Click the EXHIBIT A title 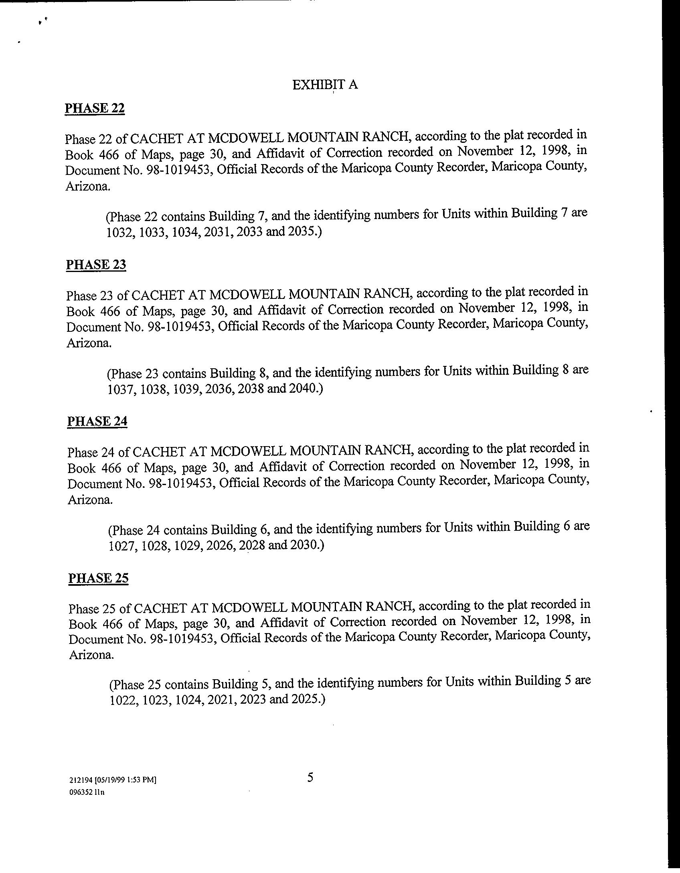pyautogui.click(x=325, y=85)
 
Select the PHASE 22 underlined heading pyautogui.click(x=95, y=108)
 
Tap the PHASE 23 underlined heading pyautogui.click(x=96, y=265)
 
